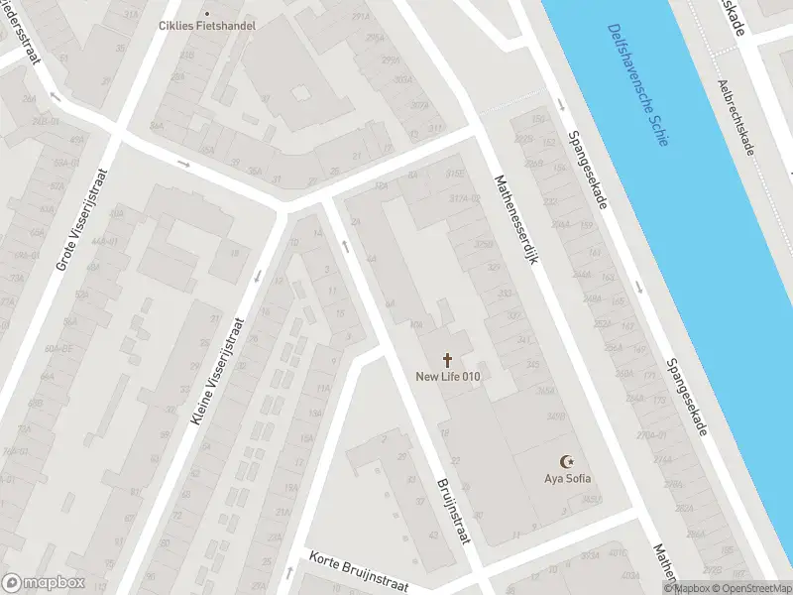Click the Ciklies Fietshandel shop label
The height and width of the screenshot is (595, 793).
[207, 25]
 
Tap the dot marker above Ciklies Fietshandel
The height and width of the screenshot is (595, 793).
[207, 13]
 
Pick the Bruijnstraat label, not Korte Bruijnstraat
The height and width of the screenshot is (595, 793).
[452, 512]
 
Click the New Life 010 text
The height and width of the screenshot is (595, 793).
[448, 376]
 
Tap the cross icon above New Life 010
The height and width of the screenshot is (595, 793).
[448, 359]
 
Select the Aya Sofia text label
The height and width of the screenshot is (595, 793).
[568, 479]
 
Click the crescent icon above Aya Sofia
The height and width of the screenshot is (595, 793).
[568, 462]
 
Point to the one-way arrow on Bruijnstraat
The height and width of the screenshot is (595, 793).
[346, 245]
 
